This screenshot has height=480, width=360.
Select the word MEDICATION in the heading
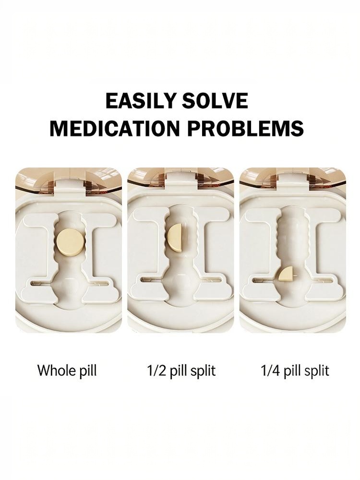[x=115, y=128]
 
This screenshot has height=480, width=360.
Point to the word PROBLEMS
[x=245, y=128]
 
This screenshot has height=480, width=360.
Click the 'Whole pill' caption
[x=67, y=370]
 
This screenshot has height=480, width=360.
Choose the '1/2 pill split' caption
[x=181, y=371]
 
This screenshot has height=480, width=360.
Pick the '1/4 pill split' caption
[x=295, y=371]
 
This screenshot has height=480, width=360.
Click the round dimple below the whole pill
[x=70, y=288]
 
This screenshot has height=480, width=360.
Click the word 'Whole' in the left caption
[x=56, y=370]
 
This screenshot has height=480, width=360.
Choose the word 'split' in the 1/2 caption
[x=203, y=371]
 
